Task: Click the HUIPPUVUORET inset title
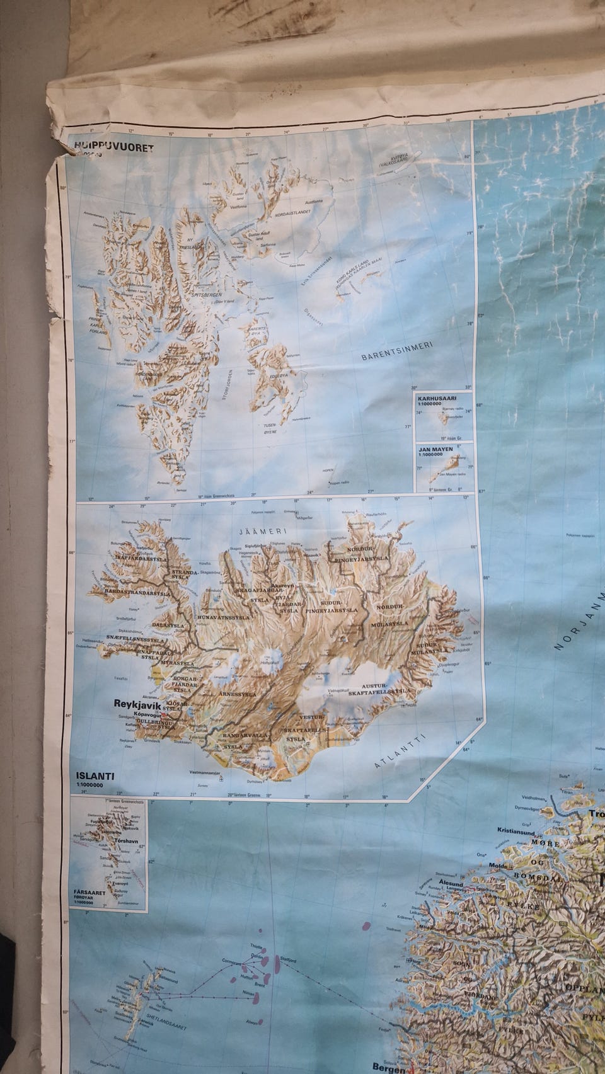(x=114, y=147)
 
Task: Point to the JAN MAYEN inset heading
(x=433, y=448)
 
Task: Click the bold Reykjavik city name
(x=138, y=704)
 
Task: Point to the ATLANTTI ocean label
(x=400, y=751)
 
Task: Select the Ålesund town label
(x=451, y=884)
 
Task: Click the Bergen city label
(x=386, y=1066)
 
